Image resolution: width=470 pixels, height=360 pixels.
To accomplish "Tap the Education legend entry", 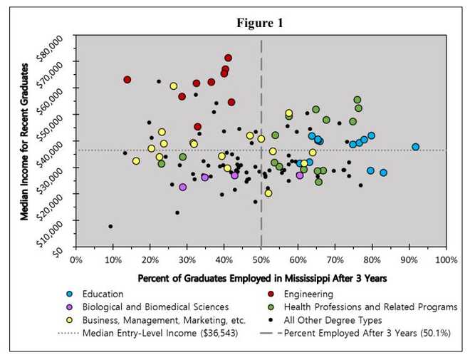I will (103, 293).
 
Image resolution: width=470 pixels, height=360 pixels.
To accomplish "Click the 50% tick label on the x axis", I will (261, 260).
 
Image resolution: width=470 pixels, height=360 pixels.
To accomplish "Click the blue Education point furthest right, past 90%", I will (415, 147).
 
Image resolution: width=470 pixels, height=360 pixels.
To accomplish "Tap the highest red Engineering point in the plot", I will (228, 58).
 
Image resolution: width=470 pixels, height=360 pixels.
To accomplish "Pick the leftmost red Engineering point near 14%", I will (127, 79).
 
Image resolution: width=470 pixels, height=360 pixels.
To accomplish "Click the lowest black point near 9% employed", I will (110, 226).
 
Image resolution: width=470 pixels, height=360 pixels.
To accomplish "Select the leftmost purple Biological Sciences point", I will (183, 187).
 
